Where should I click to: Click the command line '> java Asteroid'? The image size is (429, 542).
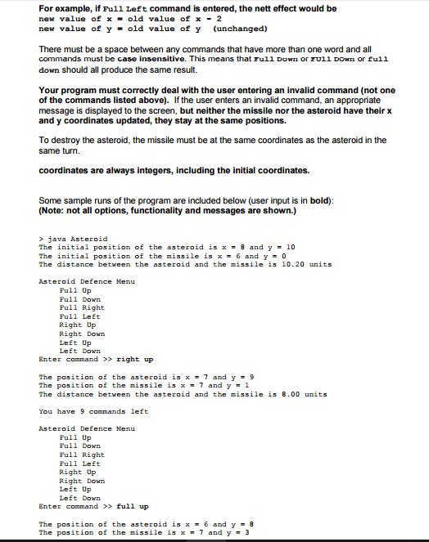[73, 239]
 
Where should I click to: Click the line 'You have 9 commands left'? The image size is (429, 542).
[93, 411]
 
